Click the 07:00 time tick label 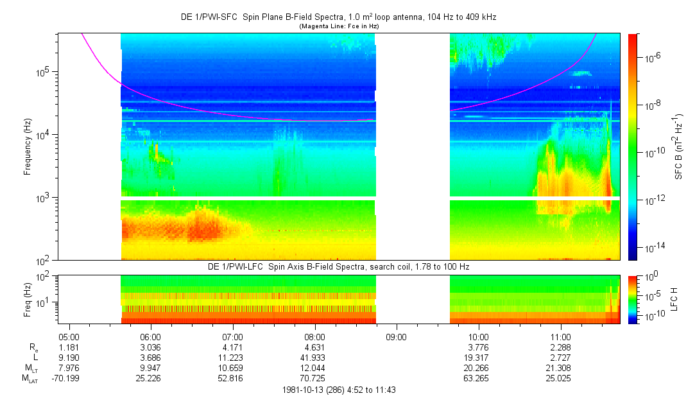232,336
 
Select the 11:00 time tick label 561,336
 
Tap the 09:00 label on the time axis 397,336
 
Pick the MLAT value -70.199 69,379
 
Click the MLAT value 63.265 479,379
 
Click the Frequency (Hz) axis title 28,147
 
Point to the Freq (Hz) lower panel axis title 28,299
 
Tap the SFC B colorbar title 678,147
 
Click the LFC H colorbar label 678,299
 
